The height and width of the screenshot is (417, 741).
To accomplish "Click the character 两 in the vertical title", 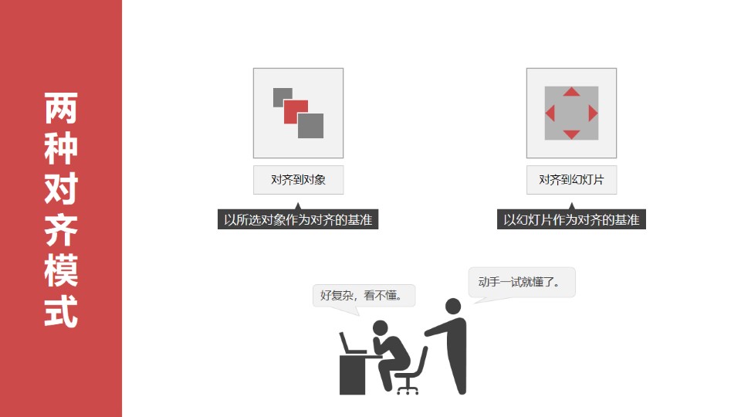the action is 61,108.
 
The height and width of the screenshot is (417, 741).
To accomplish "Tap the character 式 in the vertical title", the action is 61,311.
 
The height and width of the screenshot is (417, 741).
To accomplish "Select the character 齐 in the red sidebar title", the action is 61,230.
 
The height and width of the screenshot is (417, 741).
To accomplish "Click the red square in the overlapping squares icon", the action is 296,112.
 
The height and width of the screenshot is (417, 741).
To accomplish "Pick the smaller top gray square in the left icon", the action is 283,97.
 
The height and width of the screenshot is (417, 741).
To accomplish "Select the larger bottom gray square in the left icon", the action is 310,126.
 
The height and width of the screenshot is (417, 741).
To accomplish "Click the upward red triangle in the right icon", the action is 571,92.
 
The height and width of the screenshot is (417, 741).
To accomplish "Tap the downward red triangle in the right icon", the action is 571,134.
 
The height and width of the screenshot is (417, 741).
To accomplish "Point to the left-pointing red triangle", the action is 550,113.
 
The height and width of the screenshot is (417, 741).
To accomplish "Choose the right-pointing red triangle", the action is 593,113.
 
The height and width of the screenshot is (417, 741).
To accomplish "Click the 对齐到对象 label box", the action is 298,180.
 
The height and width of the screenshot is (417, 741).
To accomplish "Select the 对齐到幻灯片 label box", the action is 571,180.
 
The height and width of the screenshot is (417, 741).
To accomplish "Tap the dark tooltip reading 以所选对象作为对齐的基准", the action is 298,219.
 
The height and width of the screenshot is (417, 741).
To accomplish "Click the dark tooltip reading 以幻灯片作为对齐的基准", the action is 571,219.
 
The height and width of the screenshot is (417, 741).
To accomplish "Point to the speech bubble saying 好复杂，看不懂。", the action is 364,296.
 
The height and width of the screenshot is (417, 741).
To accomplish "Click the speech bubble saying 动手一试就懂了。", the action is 522,283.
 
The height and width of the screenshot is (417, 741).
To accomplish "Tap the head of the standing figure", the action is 453,307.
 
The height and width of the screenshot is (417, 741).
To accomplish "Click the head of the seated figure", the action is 380,327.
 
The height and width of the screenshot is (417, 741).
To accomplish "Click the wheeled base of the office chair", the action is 408,388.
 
